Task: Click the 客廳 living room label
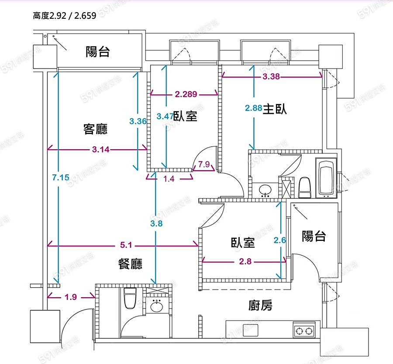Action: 95,129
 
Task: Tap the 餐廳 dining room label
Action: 130,264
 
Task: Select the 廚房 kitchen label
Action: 261,306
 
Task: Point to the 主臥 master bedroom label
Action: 275,109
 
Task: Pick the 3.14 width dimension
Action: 101,150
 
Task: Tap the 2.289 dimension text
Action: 186,93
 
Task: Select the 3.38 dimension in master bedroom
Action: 271,77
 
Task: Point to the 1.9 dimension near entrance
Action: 71,297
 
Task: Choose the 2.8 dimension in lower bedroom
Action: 245,262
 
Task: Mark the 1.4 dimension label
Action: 169,178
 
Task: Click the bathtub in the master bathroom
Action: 326,178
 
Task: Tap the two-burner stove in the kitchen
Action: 304,330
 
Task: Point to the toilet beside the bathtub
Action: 304,187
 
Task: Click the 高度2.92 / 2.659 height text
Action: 64,17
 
